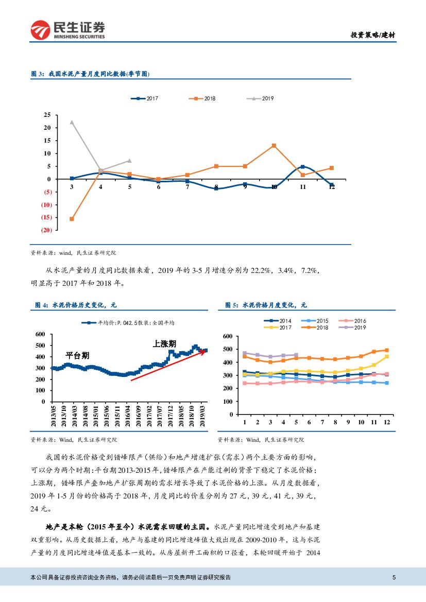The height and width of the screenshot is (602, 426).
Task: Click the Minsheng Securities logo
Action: coord(67,30)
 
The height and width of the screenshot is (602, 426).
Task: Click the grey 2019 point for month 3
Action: coord(72,122)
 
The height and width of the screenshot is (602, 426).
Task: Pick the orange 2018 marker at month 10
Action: coord(274,146)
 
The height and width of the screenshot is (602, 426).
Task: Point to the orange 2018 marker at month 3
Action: coord(72,219)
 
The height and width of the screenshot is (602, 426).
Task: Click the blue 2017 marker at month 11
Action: coord(303,167)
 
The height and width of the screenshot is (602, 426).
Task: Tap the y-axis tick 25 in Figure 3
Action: coord(47,115)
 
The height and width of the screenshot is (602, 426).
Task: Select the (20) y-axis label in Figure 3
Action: coord(46,230)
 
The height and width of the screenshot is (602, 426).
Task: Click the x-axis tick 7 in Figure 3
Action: coord(188,187)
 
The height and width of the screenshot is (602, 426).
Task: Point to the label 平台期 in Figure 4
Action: coord(77,355)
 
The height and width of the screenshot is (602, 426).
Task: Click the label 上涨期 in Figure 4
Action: coord(164,343)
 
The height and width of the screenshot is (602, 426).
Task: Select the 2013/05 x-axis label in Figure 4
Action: coord(53,416)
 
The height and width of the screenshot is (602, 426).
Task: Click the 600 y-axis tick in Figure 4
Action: coord(40,334)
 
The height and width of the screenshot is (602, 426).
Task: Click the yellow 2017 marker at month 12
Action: coord(386,356)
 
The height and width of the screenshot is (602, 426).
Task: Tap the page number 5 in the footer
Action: coord(394,577)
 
